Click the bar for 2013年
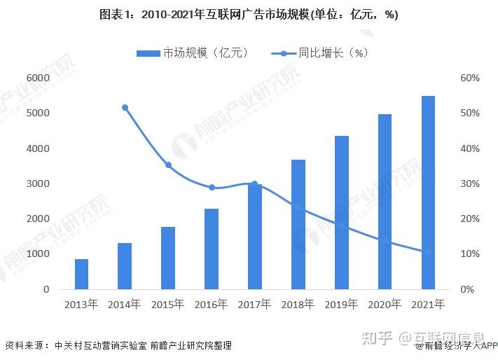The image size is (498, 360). [x=82, y=274]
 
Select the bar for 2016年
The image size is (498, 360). [x=212, y=249]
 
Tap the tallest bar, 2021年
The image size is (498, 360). [x=428, y=193]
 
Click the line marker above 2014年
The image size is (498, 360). [x=125, y=108]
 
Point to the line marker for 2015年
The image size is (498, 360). [x=168, y=165]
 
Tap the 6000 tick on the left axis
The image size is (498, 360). [x=37, y=78]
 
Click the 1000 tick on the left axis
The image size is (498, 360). [x=37, y=254]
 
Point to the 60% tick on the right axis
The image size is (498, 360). [x=469, y=78]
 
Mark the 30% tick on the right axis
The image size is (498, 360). [x=469, y=184]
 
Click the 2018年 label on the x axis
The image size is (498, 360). [x=298, y=305]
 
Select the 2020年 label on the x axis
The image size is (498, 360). [x=385, y=305]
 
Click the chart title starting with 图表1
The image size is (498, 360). [x=249, y=15]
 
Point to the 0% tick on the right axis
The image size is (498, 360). [x=466, y=289]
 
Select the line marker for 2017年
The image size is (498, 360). [x=255, y=184]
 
